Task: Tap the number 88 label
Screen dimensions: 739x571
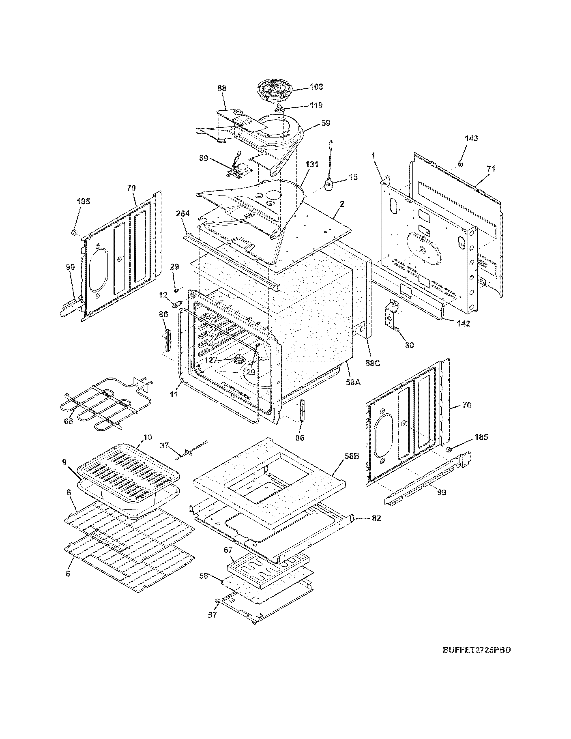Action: pyautogui.click(x=222, y=88)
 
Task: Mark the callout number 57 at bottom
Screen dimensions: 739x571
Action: pyautogui.click(x=212, y=615)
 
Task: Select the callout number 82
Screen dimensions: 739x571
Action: pyautogui.click(x=376, y=518)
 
